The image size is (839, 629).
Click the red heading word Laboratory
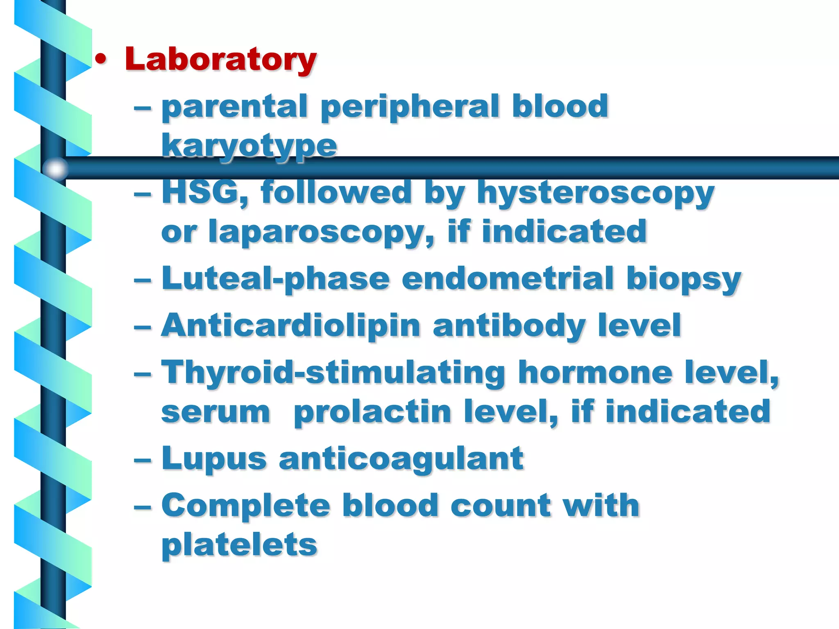(220, 59)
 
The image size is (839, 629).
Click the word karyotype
(249, 146)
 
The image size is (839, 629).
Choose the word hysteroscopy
(596, 193)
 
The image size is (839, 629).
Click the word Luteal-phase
(275, 279)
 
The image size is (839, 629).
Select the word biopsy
(683, 280)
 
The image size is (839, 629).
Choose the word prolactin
(372, 412)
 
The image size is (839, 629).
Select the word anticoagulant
(401, 459)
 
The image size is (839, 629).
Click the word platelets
(239, 545)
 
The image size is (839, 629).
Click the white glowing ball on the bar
(55, 168)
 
